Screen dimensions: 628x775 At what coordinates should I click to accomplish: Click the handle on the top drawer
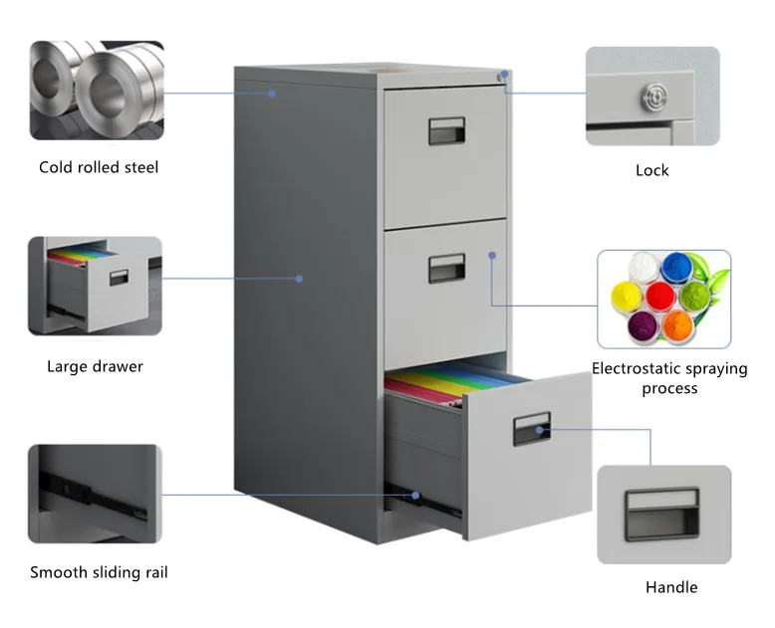tap(447, 129)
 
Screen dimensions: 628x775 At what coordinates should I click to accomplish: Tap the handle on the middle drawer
tap(447, 267)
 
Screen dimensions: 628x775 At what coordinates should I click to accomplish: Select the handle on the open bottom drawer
tap(531, 430)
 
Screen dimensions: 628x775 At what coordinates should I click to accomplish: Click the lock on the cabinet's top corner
tap(504, 75)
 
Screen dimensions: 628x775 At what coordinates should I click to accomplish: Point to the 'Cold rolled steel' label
tap(99, 167)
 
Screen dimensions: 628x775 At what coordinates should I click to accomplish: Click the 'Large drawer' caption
tap(95, 366)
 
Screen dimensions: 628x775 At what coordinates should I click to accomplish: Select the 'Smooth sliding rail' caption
tap(99, 572)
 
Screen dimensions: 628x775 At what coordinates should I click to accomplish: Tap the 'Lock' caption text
tap(652, 170)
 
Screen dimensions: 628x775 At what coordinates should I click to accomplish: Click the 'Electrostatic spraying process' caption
tap(669, 378)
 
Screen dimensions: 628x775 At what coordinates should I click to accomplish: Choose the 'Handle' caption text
tap(671, 587)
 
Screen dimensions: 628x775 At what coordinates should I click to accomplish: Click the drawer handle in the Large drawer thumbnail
tap(120, 278)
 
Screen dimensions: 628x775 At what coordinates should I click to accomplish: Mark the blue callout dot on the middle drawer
tap(492, 255)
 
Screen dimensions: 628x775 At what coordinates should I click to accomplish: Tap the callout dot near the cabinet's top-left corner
tap(272, 94)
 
